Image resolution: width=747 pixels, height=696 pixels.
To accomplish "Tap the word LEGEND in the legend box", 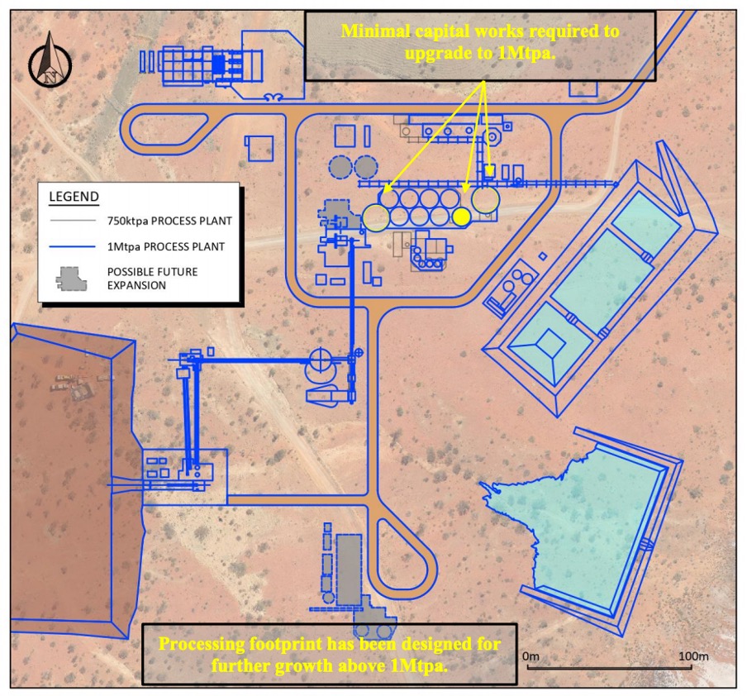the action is point(74,197).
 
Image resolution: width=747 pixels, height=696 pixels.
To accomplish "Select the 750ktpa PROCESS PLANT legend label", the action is point(169,222).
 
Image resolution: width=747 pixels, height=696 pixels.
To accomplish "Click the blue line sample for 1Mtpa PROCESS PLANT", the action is point(73,246).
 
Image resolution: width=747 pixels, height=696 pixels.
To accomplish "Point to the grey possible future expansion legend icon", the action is point(71,279).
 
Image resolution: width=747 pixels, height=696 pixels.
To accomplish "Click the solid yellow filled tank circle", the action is point(461,217).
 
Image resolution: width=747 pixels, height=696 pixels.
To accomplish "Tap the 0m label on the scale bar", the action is point(531,656).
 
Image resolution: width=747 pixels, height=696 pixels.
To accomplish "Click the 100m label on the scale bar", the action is point(693,656).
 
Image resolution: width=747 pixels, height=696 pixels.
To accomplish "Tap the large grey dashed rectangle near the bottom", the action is point(350,570).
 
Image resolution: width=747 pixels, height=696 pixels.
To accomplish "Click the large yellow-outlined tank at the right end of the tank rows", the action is point(485,199).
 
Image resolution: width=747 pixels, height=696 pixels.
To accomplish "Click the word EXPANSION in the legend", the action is point(136,285).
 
